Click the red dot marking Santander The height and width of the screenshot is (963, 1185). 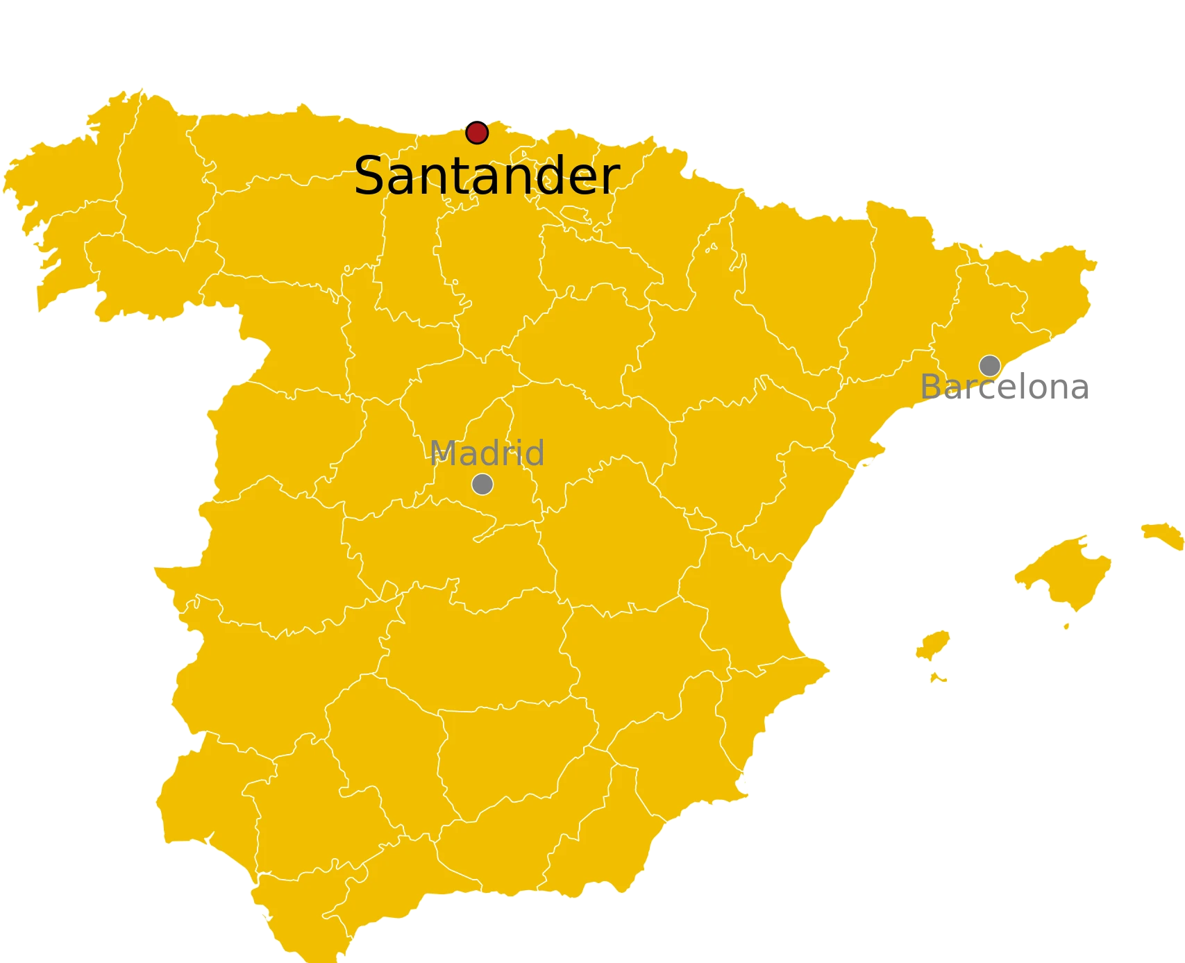[x=477, y=133]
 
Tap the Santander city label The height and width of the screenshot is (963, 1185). [x=486, y=176]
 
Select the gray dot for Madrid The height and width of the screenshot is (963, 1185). [x=482, y=484]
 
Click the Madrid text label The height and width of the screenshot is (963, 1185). [x=487, y=453]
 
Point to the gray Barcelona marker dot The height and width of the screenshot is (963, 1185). [x=990, y=365]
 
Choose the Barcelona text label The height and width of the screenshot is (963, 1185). [x=1003, y=387]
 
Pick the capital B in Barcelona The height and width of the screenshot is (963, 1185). [x=931, y=387]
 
